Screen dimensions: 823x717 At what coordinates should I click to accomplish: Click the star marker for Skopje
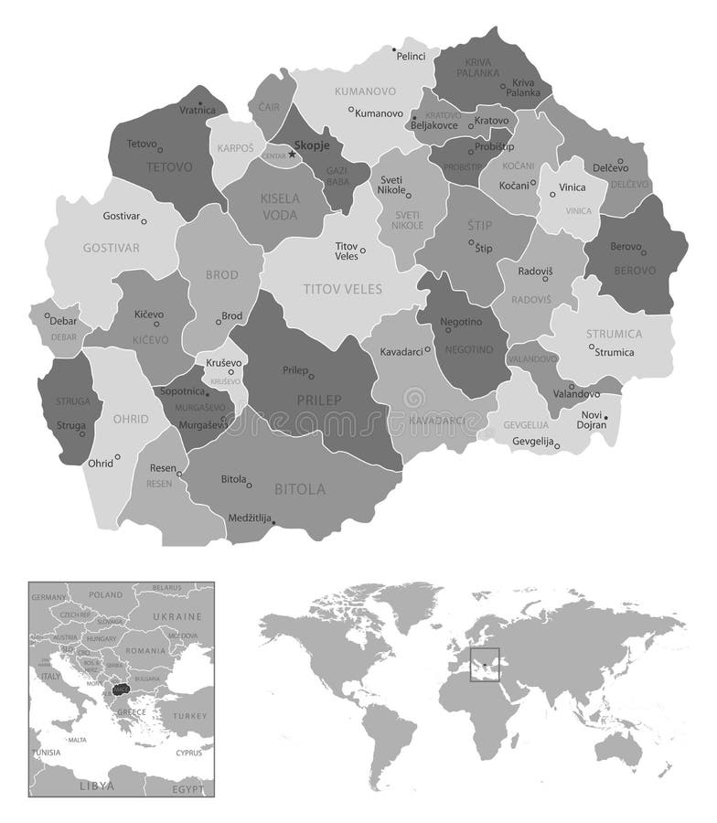[292, 154]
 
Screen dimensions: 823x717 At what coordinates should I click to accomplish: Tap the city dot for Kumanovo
[351, 110]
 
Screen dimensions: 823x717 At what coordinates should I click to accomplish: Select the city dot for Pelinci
[394, 49]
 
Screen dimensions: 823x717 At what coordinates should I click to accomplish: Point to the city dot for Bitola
[250, 477]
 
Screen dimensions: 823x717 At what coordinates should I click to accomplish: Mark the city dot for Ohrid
[118, 456]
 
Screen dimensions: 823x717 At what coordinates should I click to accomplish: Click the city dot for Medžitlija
[275, 523]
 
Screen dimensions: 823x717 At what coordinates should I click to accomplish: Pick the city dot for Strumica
[592, 347]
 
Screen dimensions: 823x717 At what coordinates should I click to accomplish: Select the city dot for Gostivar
[144, 221]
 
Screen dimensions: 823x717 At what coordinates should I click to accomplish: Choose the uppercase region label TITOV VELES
[343, 289]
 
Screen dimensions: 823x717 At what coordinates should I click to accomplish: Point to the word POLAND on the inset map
[105, 594]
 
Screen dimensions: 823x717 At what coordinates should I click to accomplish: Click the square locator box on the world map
[484, 663]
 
